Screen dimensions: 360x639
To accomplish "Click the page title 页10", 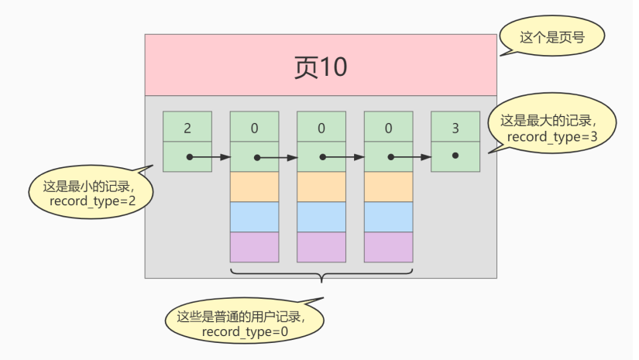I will [x=321, y=67].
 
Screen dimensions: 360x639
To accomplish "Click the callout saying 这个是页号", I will [x=551, y=36].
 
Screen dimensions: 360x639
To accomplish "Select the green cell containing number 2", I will [x=187, y=127].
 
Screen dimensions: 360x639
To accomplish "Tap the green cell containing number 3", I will [x=455, y=127].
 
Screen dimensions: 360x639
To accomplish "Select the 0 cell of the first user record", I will [x=254, y=127].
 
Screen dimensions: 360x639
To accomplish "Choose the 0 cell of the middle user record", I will [x=321, y=127].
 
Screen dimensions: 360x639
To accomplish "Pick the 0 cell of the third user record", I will [x=388, y=127].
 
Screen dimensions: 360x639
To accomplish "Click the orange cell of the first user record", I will [x=254, y=187].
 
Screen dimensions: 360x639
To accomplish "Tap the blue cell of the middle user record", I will [x=321, y=217].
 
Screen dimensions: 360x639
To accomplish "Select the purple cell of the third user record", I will [x=388, y=247].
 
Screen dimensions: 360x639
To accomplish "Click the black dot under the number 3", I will [x=455, y=156].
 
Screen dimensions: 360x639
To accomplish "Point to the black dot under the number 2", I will [x=189, y=156].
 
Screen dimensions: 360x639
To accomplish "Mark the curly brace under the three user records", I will [x=321, y=276].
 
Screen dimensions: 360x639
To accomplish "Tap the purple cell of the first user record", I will [x=254, y=247].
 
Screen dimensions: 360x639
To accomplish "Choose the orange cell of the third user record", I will [x=388, y=187].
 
